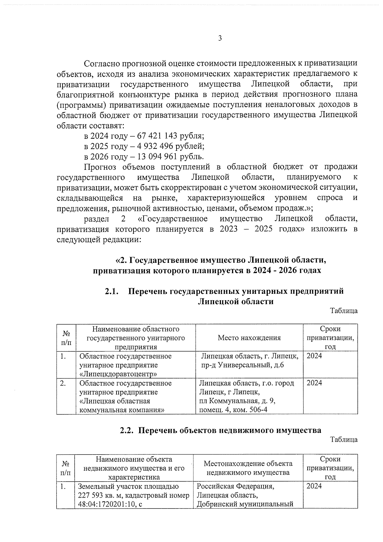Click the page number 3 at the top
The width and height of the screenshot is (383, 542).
click(220, 39)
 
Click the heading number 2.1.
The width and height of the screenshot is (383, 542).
click(112, 291)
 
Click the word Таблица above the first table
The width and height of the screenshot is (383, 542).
click(344, 311)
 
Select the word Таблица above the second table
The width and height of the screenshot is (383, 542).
click(344, 440)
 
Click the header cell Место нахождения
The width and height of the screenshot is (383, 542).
click(249, 338)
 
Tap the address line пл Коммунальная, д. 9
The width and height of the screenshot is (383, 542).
click(237, 401)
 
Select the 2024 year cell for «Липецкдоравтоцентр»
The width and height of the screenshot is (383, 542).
click(314, 356)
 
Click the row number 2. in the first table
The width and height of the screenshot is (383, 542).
click(63, 383)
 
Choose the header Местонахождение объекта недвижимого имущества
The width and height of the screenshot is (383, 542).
click(248, 468)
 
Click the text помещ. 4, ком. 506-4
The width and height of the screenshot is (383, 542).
click(233, 410)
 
